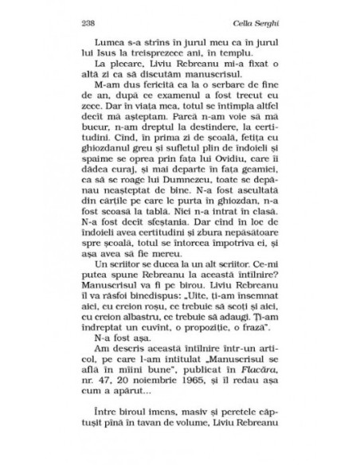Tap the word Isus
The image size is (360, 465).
pos(119,53)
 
